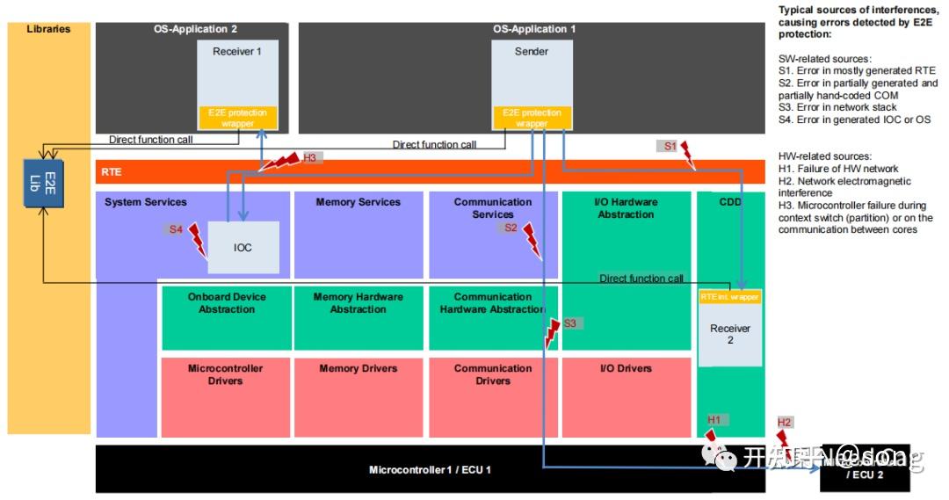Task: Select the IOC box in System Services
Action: [243, 247]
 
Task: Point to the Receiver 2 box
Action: [729, 334]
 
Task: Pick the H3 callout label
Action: [310, 158]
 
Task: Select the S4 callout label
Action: [177, 229]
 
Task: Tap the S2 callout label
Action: [511, 228]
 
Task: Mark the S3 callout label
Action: [570, 323]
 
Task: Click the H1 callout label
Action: [715, 420]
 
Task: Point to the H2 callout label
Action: [785, 423]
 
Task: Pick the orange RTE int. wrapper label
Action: [729, 297]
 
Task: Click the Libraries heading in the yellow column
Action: [49, 29]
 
